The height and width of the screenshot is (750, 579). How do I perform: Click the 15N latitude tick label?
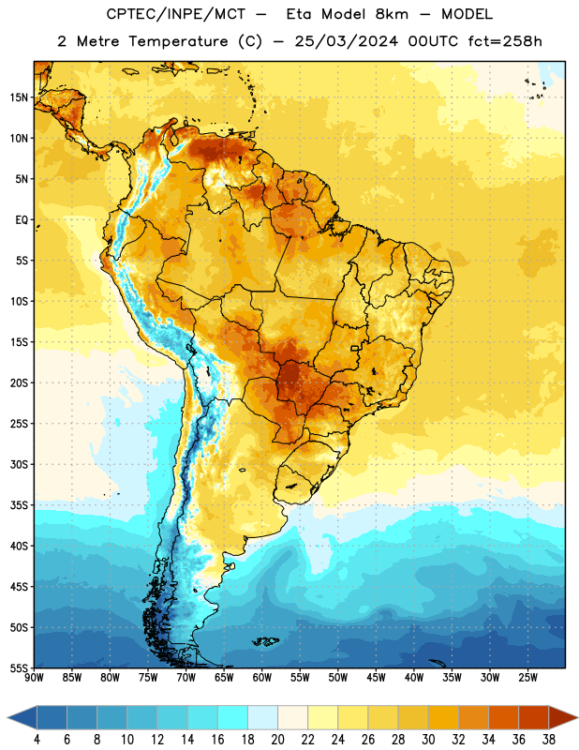tap(19, 97)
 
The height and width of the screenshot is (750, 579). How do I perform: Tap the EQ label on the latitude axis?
tap(22, 220)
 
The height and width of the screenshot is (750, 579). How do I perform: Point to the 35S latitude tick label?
tap(19, 505)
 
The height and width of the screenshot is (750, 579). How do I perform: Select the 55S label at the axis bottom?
tap(19, 667)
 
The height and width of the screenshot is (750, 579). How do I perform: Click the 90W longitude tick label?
tap(34, 678)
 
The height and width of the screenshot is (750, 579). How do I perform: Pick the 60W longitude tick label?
tap(262, 678)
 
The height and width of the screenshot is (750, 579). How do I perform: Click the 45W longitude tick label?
tap(376, 678)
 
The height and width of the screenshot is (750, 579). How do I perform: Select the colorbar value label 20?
tap(277, 740)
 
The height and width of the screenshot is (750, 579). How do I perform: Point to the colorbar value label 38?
tap(549, 740)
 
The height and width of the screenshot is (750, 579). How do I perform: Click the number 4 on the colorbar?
tap(37, 740)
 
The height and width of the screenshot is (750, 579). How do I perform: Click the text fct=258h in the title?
tap(505, 41)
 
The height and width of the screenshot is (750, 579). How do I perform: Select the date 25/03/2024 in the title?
tap(346, 41)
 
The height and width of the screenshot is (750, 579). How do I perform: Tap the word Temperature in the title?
tap(178, 41)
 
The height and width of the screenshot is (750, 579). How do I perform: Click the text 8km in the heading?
tap(392, 14)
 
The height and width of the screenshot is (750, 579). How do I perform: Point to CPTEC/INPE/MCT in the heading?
tap(176, 14)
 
